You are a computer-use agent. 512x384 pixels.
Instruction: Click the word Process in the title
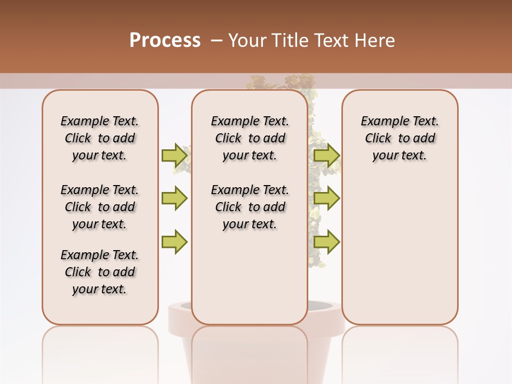(165, 40)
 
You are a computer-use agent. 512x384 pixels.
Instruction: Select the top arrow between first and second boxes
(174, 155)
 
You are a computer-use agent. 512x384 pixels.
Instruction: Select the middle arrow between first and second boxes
(174, 198)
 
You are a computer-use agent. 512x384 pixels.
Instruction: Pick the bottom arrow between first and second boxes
(174, 242)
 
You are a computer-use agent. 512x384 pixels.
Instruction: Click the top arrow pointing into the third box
(327, 155)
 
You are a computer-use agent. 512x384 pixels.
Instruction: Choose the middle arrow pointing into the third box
(327, 198)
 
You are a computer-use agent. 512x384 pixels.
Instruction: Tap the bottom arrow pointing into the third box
(327, 242)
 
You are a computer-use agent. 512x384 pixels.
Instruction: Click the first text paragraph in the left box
(100, 138)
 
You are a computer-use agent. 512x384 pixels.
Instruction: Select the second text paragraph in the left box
(100, 207)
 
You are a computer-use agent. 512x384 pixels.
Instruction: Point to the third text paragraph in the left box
(100, 272)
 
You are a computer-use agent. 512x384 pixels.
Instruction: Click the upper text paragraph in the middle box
(250, 138)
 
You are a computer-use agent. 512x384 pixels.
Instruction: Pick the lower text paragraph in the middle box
(250, 207)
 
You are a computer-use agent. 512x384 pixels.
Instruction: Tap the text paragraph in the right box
(399, 138)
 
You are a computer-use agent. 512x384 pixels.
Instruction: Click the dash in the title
(217, 40)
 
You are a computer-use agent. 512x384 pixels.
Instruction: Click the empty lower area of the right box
(399, 256)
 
